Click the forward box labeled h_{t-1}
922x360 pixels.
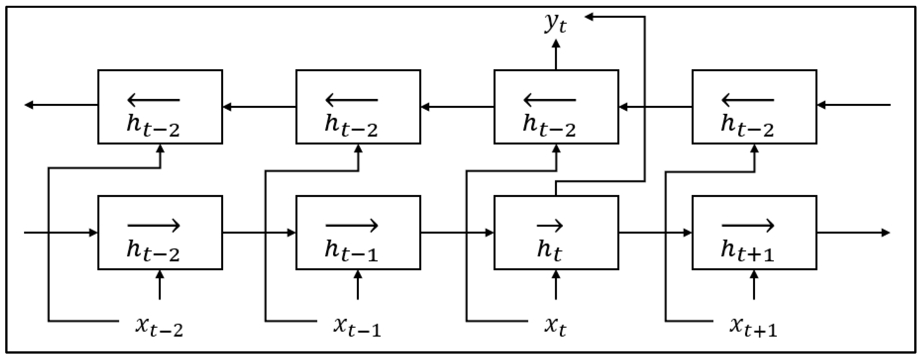(358, 233)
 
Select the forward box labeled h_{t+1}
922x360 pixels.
(754, 233)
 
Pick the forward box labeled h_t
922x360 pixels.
(556, 233)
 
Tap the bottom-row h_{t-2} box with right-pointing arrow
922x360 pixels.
(160, 233)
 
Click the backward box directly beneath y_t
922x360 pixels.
(556, 107)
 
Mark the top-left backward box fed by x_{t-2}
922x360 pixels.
(160, 107)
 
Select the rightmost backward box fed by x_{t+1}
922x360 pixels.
(754, 107)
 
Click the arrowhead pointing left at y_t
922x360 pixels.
(589, 17)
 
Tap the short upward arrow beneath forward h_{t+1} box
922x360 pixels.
(754, 285)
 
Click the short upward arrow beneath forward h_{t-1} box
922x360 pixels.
(358, 285)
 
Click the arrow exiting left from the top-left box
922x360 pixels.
(61, 105)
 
